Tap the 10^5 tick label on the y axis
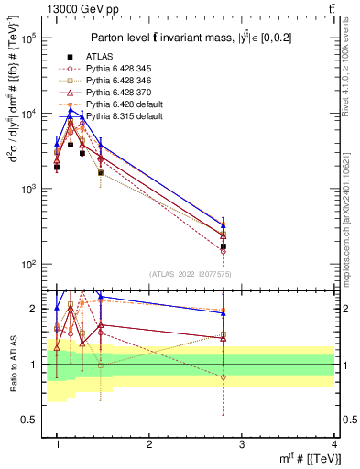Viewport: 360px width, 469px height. [28, 38]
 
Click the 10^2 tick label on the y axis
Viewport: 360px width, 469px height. [28, 264]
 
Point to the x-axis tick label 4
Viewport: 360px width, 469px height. [333, 444]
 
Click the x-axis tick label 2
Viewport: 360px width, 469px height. [149, 444]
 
